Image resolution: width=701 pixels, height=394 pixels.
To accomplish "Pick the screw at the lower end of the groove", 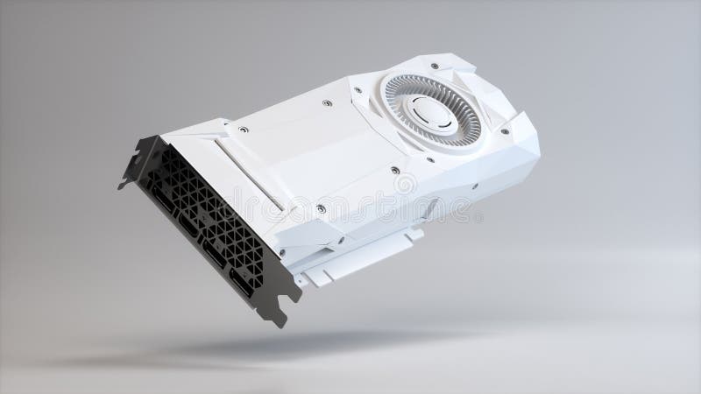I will [x=321, y=209].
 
